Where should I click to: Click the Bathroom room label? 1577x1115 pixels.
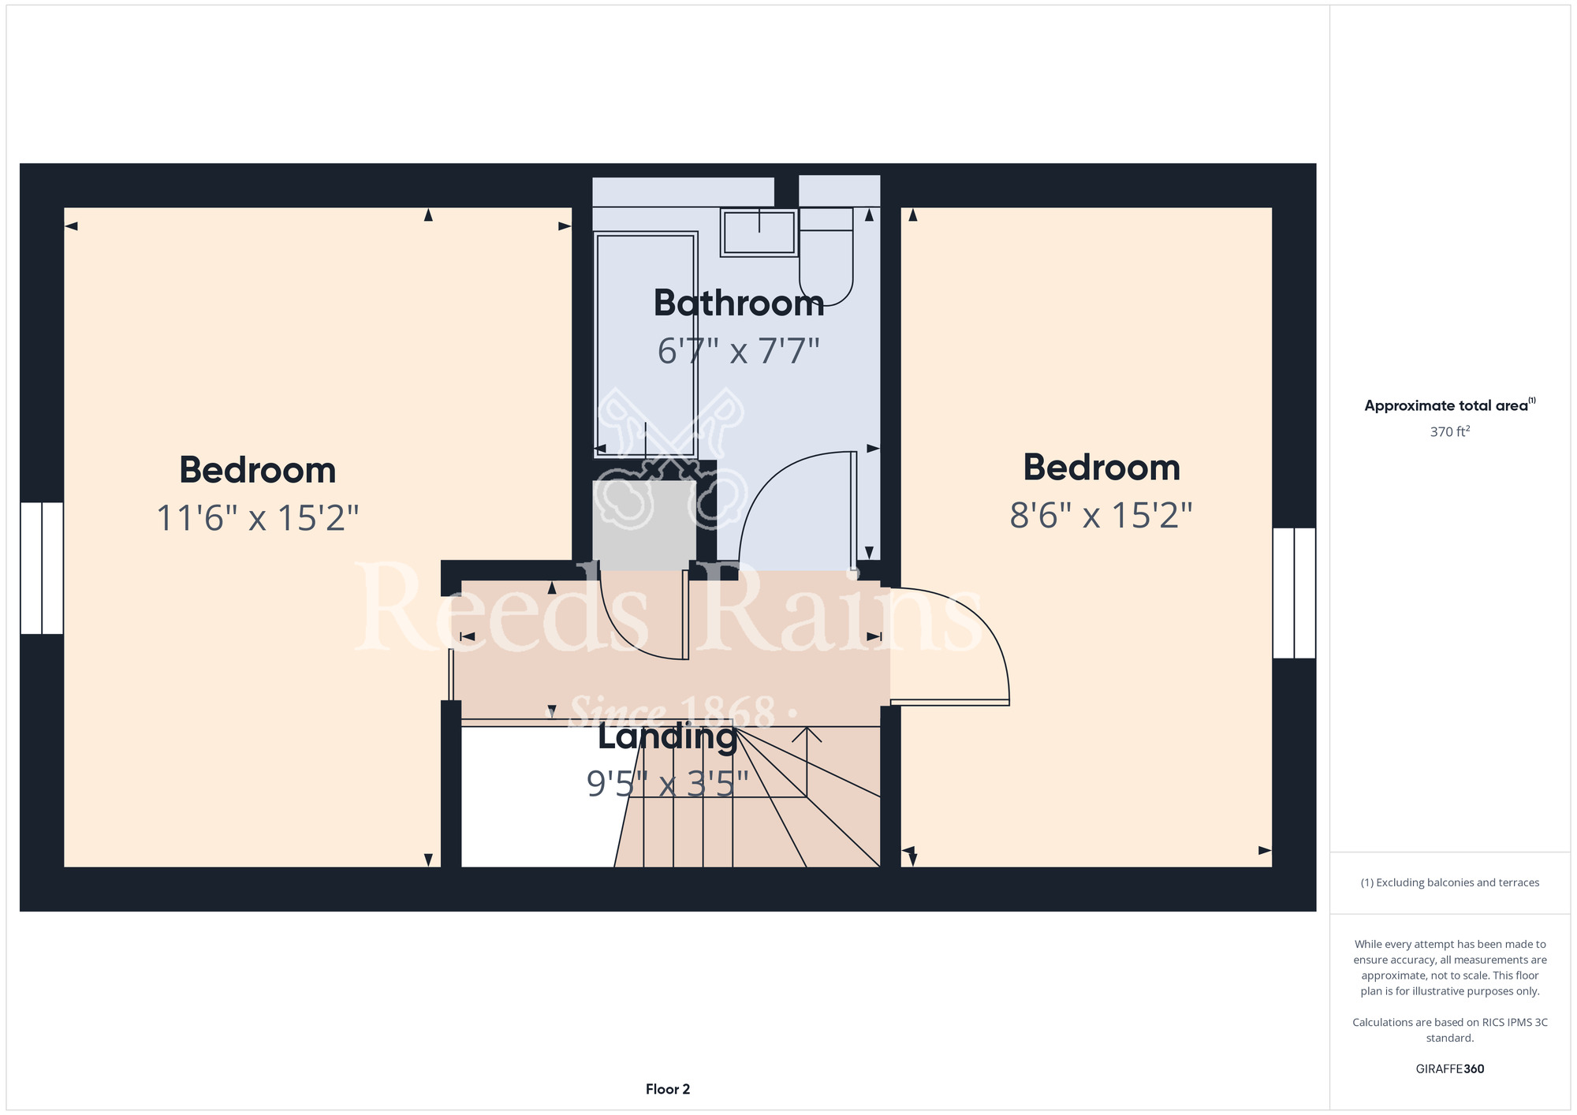point(739,304)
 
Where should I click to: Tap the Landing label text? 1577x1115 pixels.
point(667,736)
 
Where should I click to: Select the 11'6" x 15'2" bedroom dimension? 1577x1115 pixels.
point(258,518)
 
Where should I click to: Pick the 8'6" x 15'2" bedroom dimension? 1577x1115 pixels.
point(1101,515)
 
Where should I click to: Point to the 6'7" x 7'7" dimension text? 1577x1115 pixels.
point(739,351)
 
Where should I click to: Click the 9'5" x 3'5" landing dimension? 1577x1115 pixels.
point(667,784)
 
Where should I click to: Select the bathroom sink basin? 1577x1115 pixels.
point(759,232)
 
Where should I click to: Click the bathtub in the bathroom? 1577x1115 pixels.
point(646,345)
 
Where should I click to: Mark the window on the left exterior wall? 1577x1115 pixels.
point(42,568)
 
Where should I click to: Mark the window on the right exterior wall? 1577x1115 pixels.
point(1294,593)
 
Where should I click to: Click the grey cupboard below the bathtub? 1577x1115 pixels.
point(644,526)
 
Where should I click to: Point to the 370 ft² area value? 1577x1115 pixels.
point(1450,431)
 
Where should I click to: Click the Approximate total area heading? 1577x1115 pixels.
point(1450,405)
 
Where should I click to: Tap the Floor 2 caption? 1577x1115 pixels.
point(668,1089)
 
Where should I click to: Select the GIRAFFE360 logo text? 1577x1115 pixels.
point(1450,1069)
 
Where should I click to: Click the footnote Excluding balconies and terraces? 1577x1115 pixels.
point(1450,882)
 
